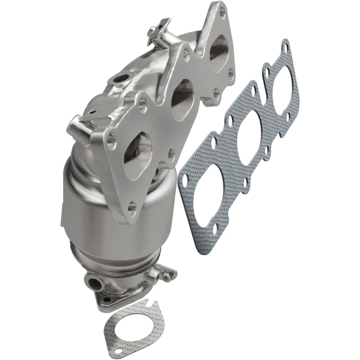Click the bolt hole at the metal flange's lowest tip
click(x=131, y=207)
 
